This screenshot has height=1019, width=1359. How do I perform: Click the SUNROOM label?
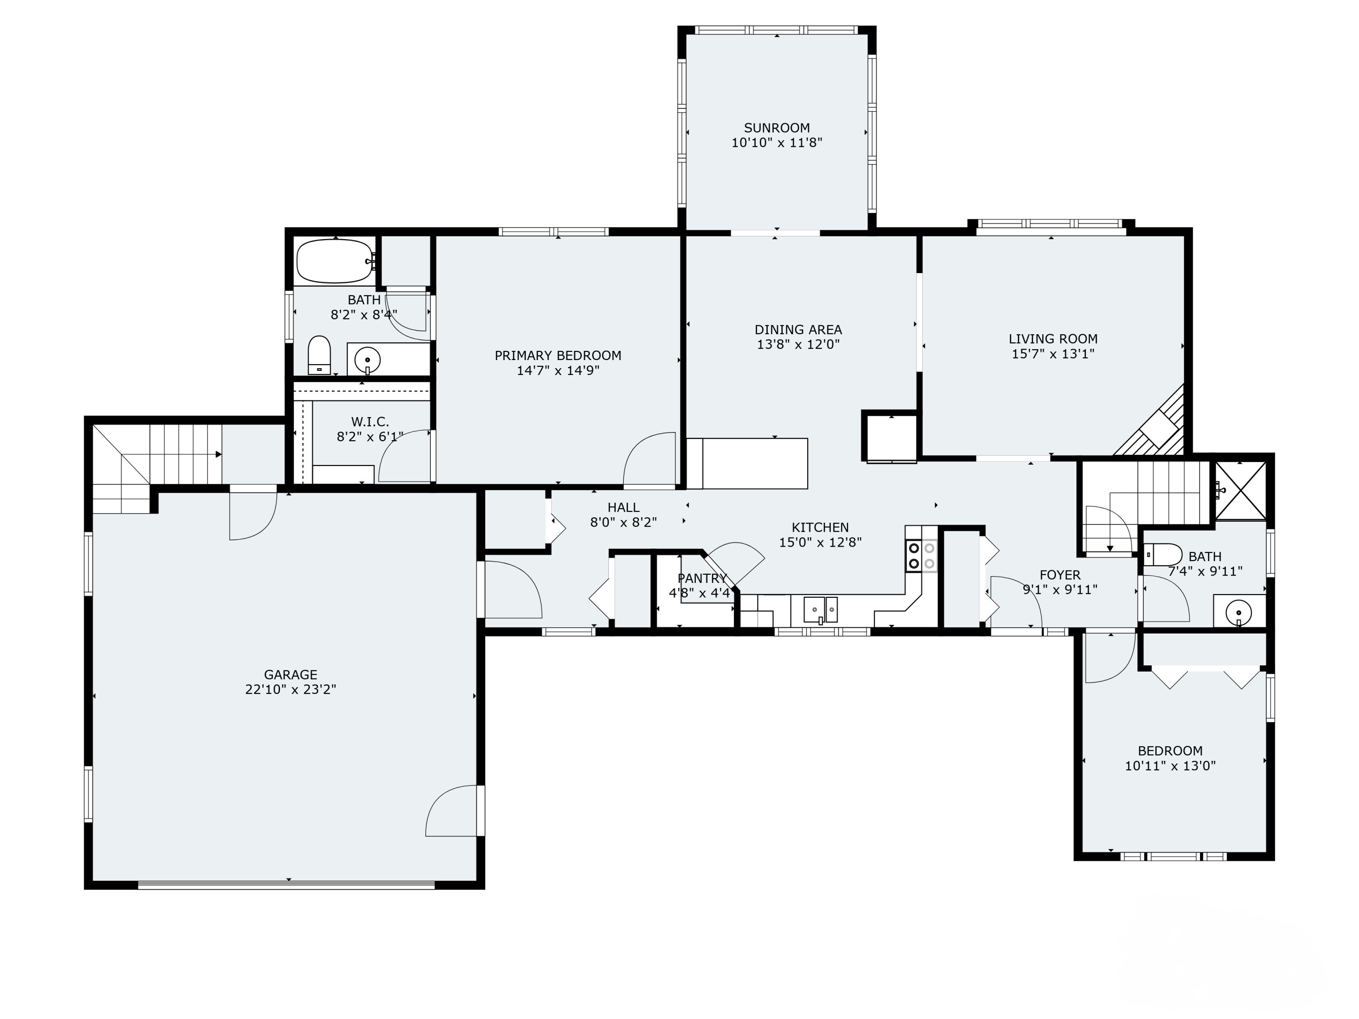coord(776,128)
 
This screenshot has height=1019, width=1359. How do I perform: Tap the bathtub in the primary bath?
coord(334,261)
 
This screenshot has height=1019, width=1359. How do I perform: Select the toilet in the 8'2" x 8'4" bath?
coord(319,355)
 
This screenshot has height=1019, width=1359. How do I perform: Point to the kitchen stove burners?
coord(921,555)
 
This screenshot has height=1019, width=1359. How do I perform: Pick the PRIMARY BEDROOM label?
coord(558,355)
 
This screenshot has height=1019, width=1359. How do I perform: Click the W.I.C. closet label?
coord(370,421)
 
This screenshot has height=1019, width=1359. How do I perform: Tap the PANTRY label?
coord(702,578)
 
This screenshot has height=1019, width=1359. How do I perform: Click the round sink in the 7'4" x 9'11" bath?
coord(1239,612)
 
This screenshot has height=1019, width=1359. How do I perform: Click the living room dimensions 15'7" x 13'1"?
coord(1053,354)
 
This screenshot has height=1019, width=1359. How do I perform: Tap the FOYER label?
coord(1060,575)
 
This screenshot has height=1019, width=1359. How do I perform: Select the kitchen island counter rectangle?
coord(747,463)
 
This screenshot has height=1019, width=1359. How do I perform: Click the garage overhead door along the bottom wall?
coord(286,885)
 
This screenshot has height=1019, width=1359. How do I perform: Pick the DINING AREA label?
coord(798,330)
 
